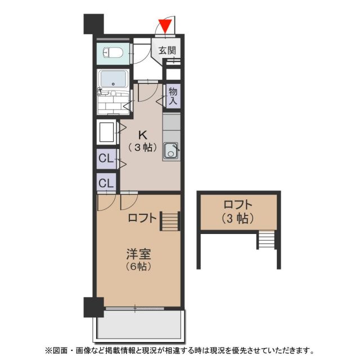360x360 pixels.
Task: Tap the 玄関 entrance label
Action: pos(166,50)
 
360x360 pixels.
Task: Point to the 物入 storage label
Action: pos(173,96)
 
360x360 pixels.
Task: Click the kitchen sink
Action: pos(171,150)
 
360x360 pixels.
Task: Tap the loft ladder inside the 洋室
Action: pos(170,220)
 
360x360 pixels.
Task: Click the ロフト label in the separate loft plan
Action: pos(238,205)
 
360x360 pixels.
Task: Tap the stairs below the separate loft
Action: pos(266,240)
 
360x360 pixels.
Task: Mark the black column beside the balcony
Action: pos(93,307)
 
